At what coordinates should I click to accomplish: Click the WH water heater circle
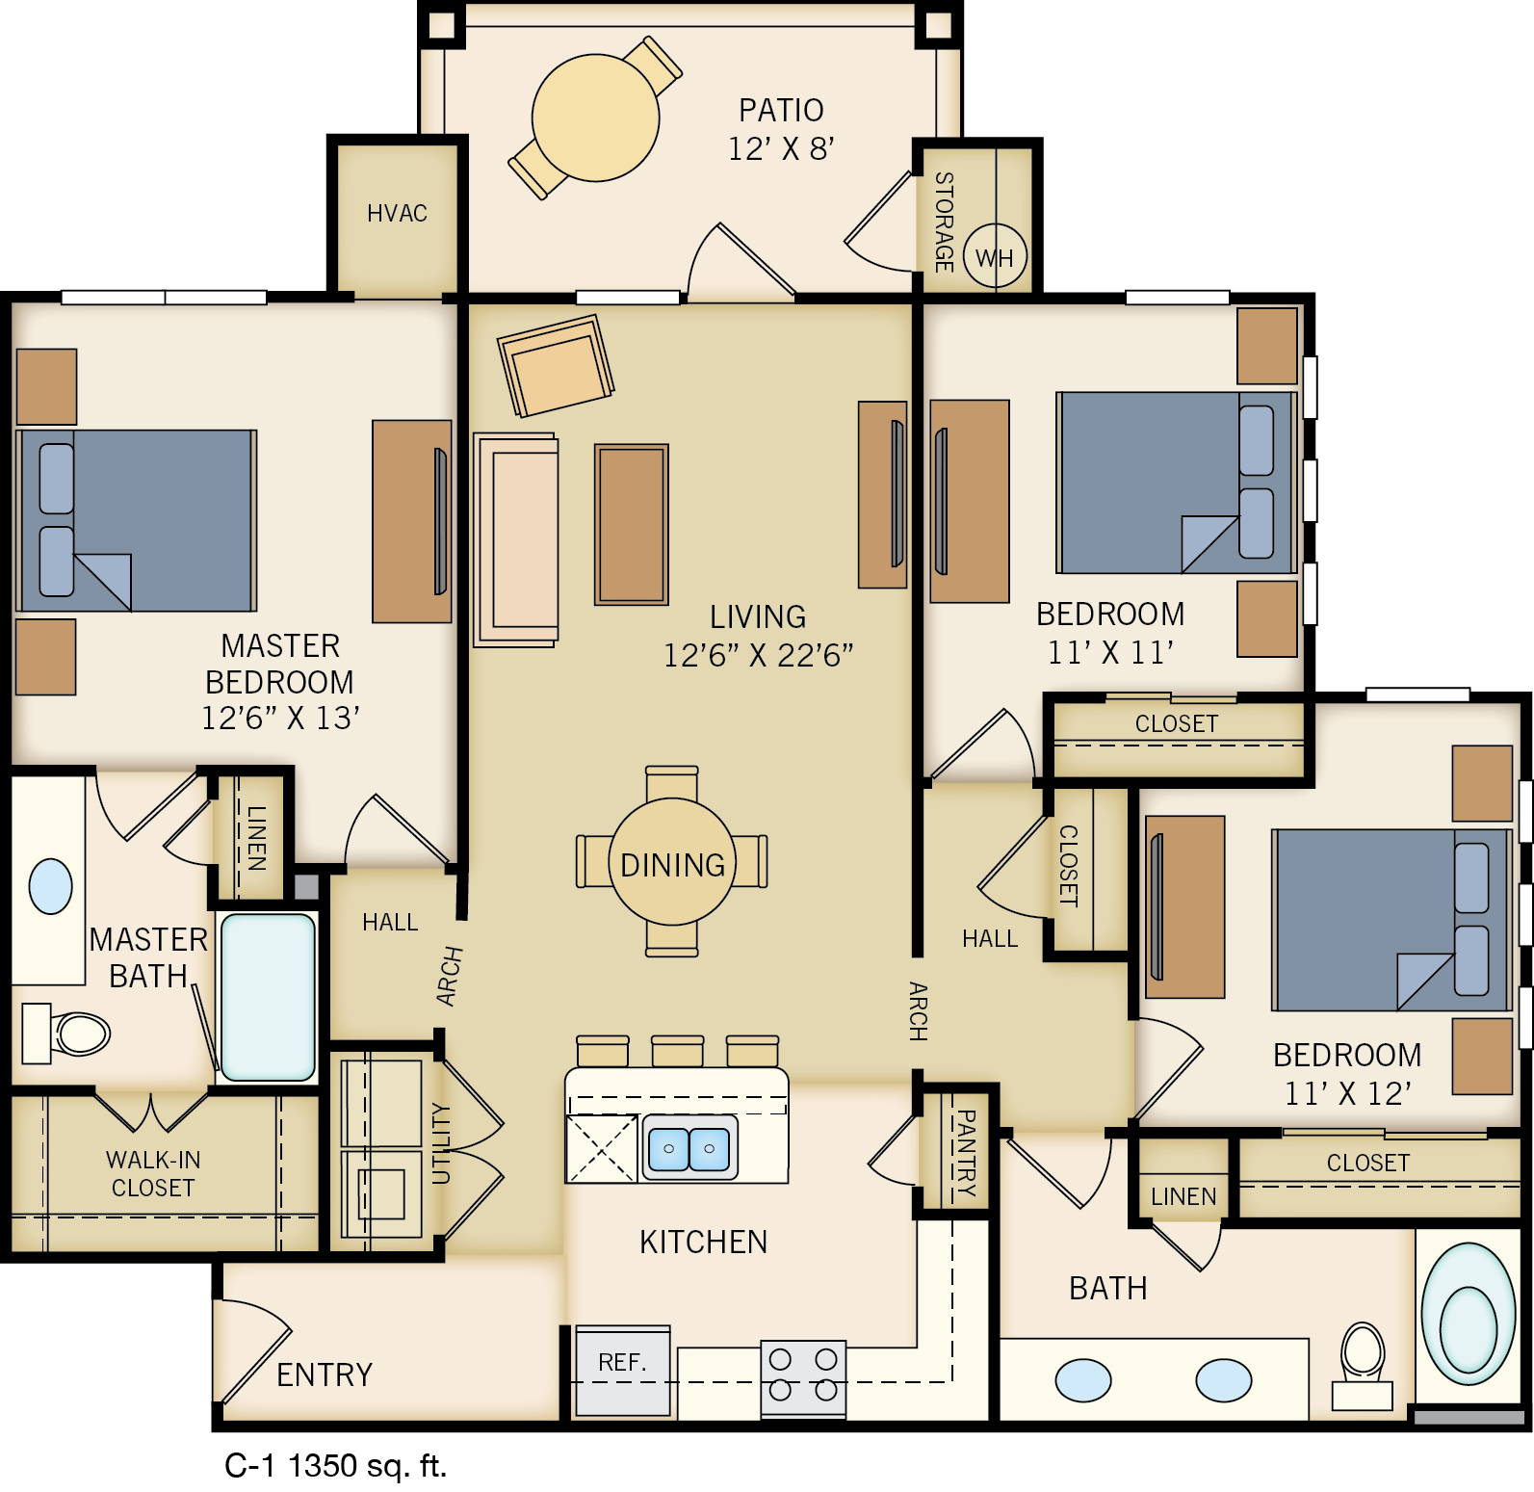995,257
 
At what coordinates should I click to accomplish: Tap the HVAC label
397,213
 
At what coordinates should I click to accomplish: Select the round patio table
595,118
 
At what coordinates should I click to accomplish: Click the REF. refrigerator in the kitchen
621,1371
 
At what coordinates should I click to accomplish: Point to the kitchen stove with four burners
803,1375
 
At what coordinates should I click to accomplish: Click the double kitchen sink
689,1148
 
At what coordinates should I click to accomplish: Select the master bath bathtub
268,997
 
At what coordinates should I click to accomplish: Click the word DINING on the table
672,864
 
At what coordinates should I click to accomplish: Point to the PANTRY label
964,1152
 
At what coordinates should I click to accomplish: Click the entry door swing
252,1357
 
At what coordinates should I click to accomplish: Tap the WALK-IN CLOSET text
153,1173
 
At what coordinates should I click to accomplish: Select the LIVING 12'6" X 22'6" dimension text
758,655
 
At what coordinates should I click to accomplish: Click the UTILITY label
441,1143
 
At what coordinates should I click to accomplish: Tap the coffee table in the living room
631,524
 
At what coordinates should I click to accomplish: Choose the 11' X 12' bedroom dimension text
1347,1093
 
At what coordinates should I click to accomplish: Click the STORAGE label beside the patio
944,222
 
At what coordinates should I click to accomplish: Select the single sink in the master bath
51,886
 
